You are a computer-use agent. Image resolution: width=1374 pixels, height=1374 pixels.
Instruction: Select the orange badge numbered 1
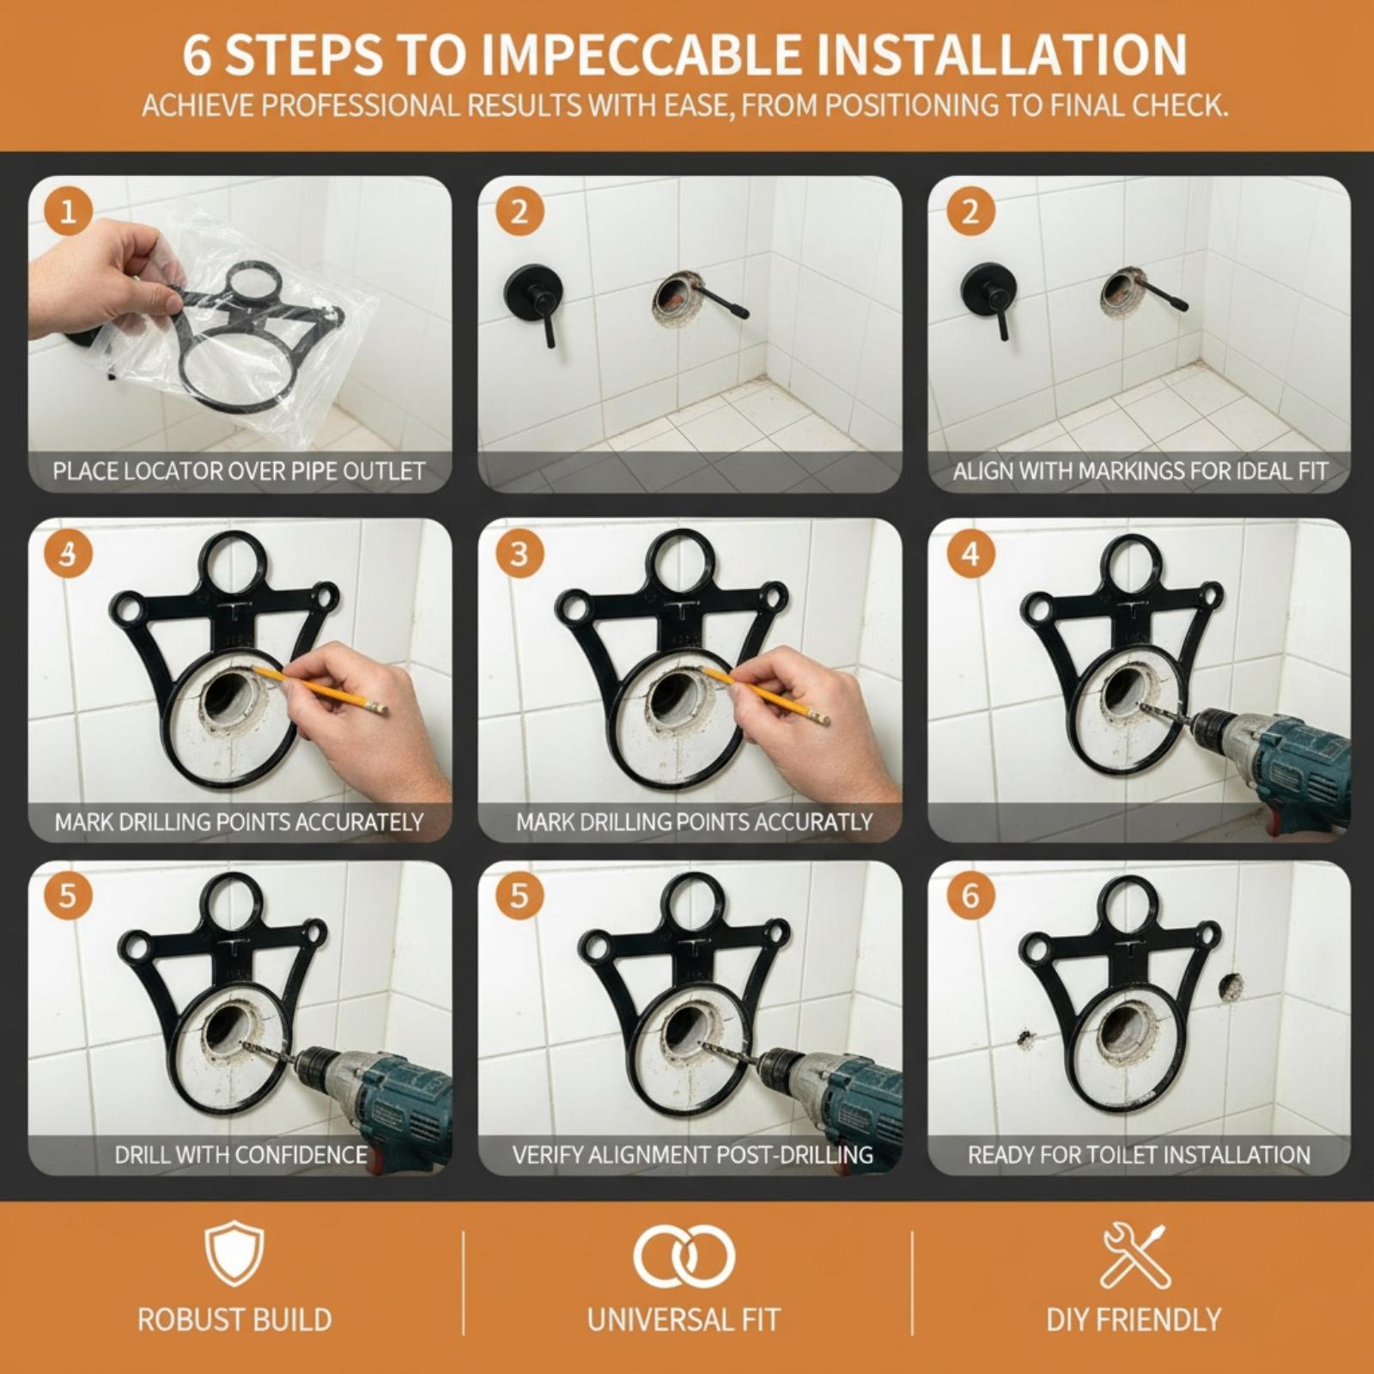(x=68, y=212)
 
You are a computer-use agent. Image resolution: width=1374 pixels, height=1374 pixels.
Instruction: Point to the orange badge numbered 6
(x=970, y=896)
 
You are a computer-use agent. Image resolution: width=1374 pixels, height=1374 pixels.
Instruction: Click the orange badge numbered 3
(x=519, y=554)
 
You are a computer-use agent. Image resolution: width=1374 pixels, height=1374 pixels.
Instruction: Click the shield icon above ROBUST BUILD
(x=234, y=1256)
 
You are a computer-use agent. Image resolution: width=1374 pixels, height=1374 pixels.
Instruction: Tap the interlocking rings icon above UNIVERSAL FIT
(x=684, y=1256)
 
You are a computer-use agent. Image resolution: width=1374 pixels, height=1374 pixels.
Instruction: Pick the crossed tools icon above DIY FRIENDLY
(x=1134, y=1256)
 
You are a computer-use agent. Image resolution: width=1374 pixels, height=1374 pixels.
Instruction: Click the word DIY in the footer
(x=1068, y=1320)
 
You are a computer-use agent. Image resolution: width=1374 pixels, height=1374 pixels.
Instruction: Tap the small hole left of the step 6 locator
(x=1024, y=1039)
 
